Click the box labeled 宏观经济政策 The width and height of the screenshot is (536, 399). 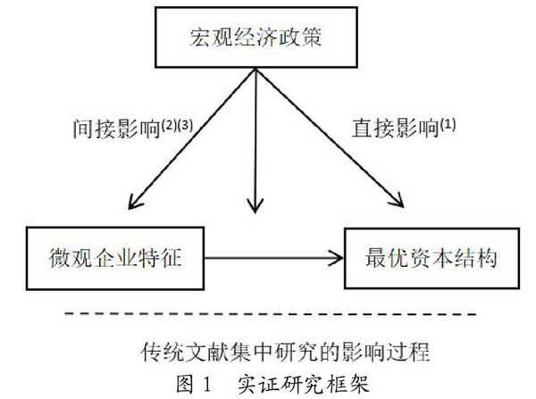[257, 39]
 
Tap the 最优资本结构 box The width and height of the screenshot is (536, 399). [419, 258]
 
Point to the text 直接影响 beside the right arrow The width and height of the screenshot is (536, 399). [389, 129]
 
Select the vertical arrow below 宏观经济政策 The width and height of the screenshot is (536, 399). [257, 143]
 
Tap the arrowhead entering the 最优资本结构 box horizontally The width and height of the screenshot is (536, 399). [337, 258]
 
